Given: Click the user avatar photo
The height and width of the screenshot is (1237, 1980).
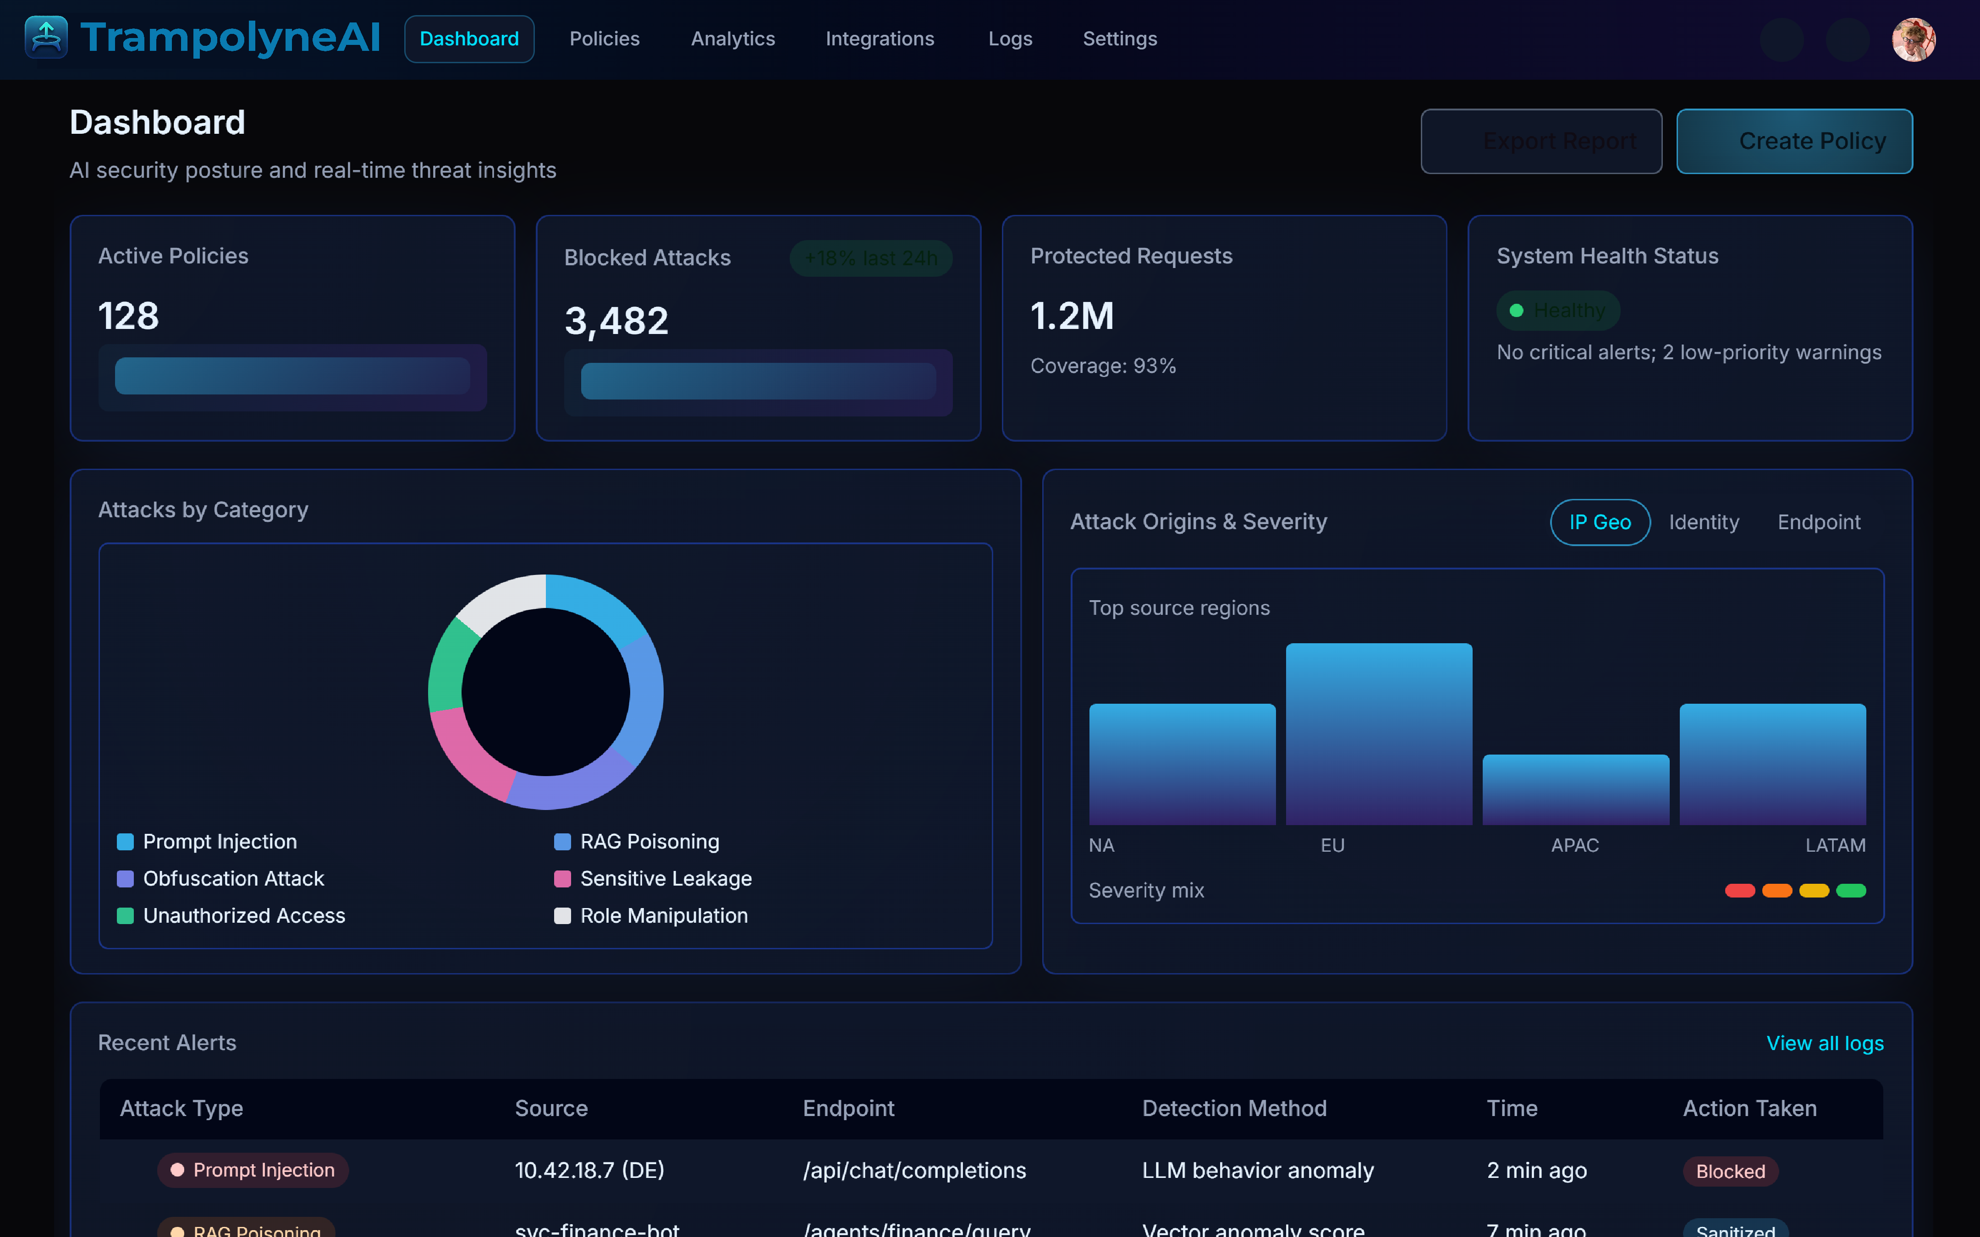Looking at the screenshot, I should point(1913,39).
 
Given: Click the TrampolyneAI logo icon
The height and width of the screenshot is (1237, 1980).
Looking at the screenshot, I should point(46,38).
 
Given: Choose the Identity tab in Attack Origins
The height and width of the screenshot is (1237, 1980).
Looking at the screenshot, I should point(1704,522).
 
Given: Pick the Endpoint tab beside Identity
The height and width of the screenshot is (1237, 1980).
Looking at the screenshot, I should point(1818,522).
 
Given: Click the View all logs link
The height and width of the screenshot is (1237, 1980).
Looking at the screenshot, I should point(1825,1043).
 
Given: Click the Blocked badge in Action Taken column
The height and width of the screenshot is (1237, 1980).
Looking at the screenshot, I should point(1730,1171).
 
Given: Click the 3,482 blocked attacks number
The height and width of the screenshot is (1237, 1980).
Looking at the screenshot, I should point(616,321).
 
